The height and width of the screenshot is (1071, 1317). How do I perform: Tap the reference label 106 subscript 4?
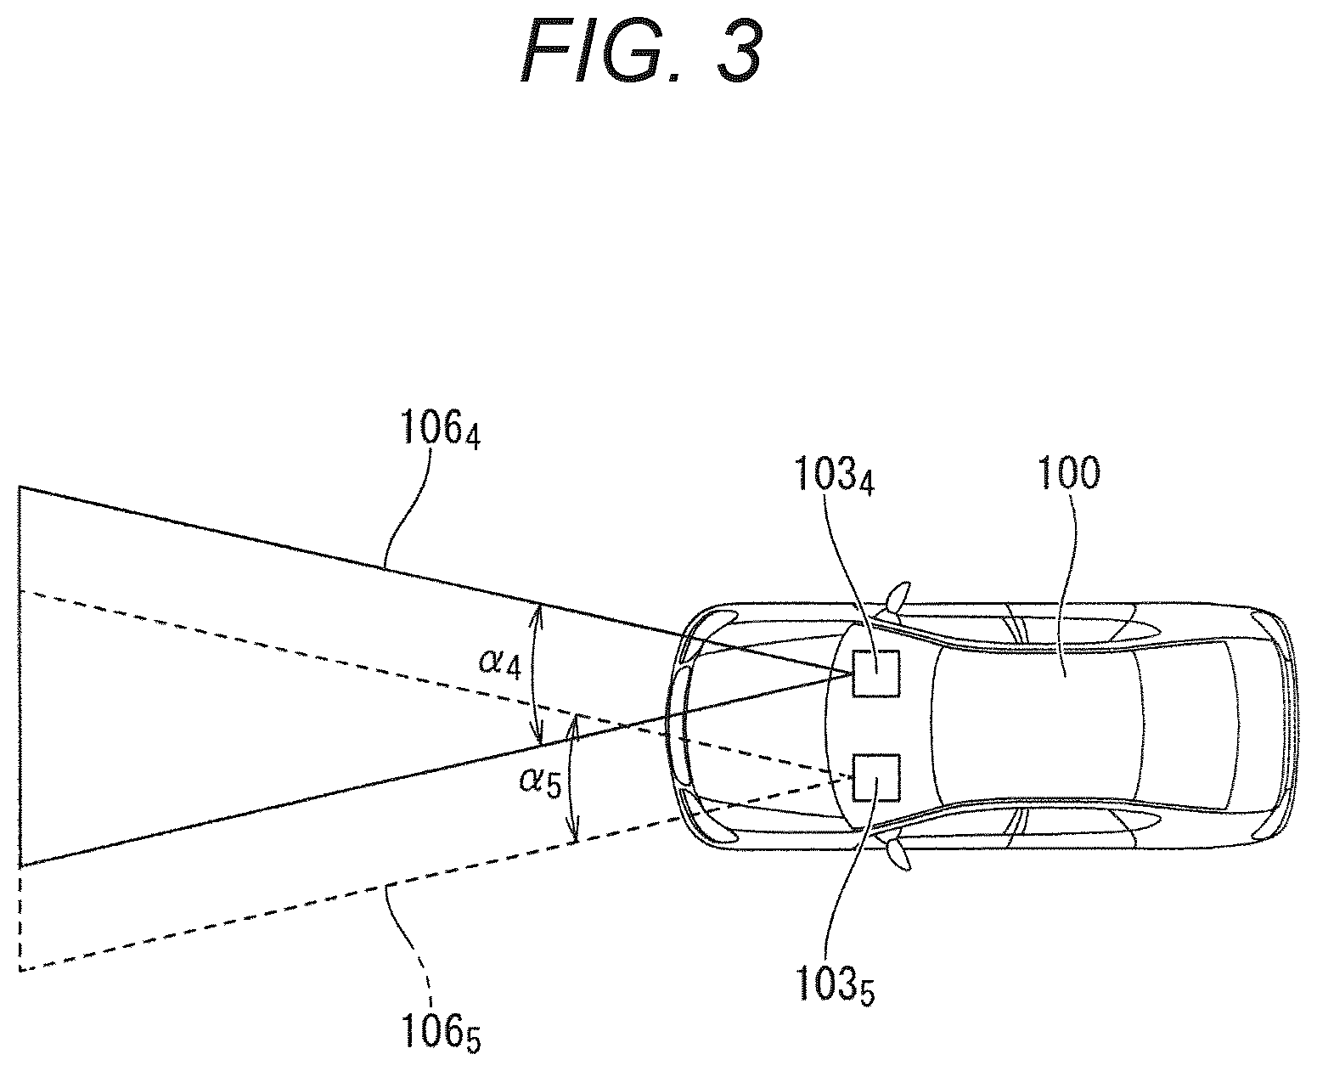[x=440, y=429]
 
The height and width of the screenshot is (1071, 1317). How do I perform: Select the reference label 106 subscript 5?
[x=440, y=1031]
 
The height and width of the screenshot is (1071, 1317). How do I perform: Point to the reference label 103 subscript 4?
[x=834, y=475]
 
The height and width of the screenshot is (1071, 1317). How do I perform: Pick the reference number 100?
[x=1068, y=474]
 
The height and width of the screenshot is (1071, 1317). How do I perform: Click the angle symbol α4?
[x=499, y=662]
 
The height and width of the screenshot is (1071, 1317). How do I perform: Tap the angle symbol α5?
[x=540, y=781]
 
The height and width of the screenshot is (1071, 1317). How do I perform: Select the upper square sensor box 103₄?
[x=876, y=674]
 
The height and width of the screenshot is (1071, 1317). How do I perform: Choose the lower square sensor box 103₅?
[x=876, y=777]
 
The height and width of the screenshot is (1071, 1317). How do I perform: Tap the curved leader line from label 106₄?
[x=408, y=506]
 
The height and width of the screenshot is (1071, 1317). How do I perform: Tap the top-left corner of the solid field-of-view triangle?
[x=20, y=488]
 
